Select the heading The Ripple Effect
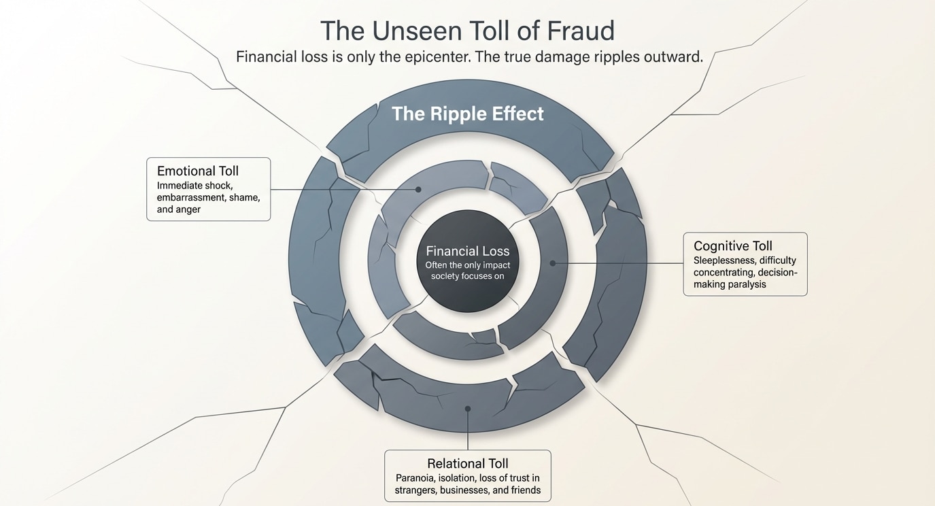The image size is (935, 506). tap(467, 114)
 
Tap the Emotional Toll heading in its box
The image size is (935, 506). tap(198, 171)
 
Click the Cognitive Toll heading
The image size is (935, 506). tap(733, 246)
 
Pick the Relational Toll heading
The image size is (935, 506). tap(468, 464)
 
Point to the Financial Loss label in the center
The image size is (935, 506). tap(467, 252)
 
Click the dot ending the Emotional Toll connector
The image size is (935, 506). tap(418, 190)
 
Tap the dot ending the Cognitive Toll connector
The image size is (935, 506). tap(553, 263)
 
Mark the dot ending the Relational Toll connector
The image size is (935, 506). tap(468, 409)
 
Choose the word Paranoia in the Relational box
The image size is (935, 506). tap(415, 478)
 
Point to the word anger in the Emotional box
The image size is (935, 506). tap(188, 209)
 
